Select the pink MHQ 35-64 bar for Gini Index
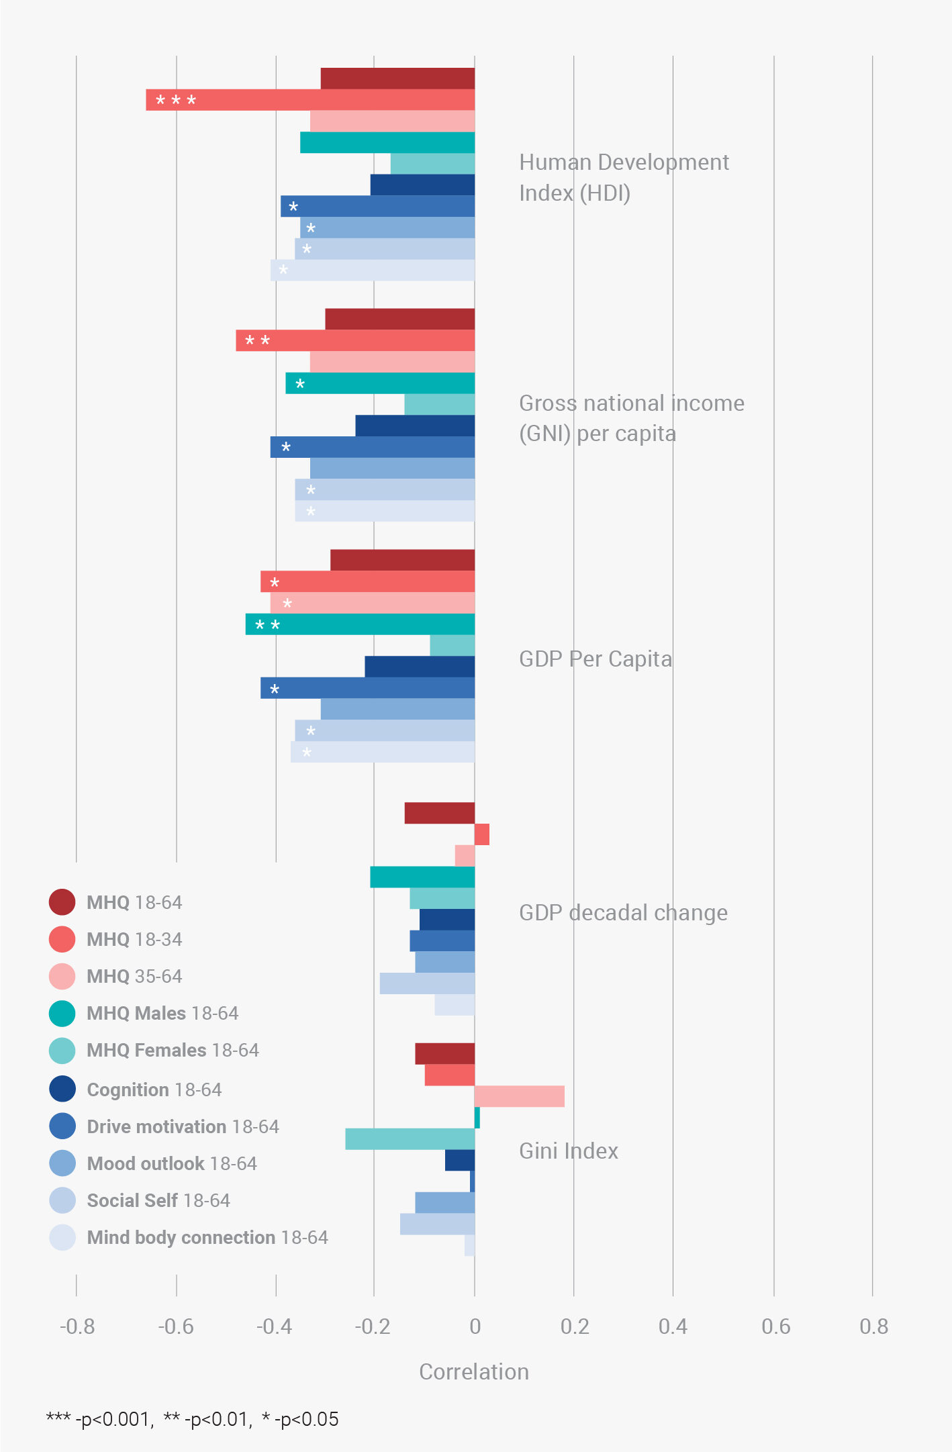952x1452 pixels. point(519,1096)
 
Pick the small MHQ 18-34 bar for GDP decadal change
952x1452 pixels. point(481,834)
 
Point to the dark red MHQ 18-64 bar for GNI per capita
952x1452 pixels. point(399,319)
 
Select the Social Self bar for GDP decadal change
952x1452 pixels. point(427,983)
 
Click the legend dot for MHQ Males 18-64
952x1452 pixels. point(62,1013)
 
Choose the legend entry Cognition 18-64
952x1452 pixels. point(154,1090)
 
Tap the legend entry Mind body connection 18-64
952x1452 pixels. point(207,1237)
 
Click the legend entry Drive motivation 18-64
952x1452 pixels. point(183,1126)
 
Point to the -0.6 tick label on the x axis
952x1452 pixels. point(175,1326)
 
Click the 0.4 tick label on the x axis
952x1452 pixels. point(673,1326)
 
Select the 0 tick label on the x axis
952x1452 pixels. point(475,1326)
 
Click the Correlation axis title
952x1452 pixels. point(474,1371)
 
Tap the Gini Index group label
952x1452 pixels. point(569,1151)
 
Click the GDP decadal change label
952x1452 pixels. point(623,913)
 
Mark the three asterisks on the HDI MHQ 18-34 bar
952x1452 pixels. point(176,101)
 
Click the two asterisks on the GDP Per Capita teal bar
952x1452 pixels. point(267,626)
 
